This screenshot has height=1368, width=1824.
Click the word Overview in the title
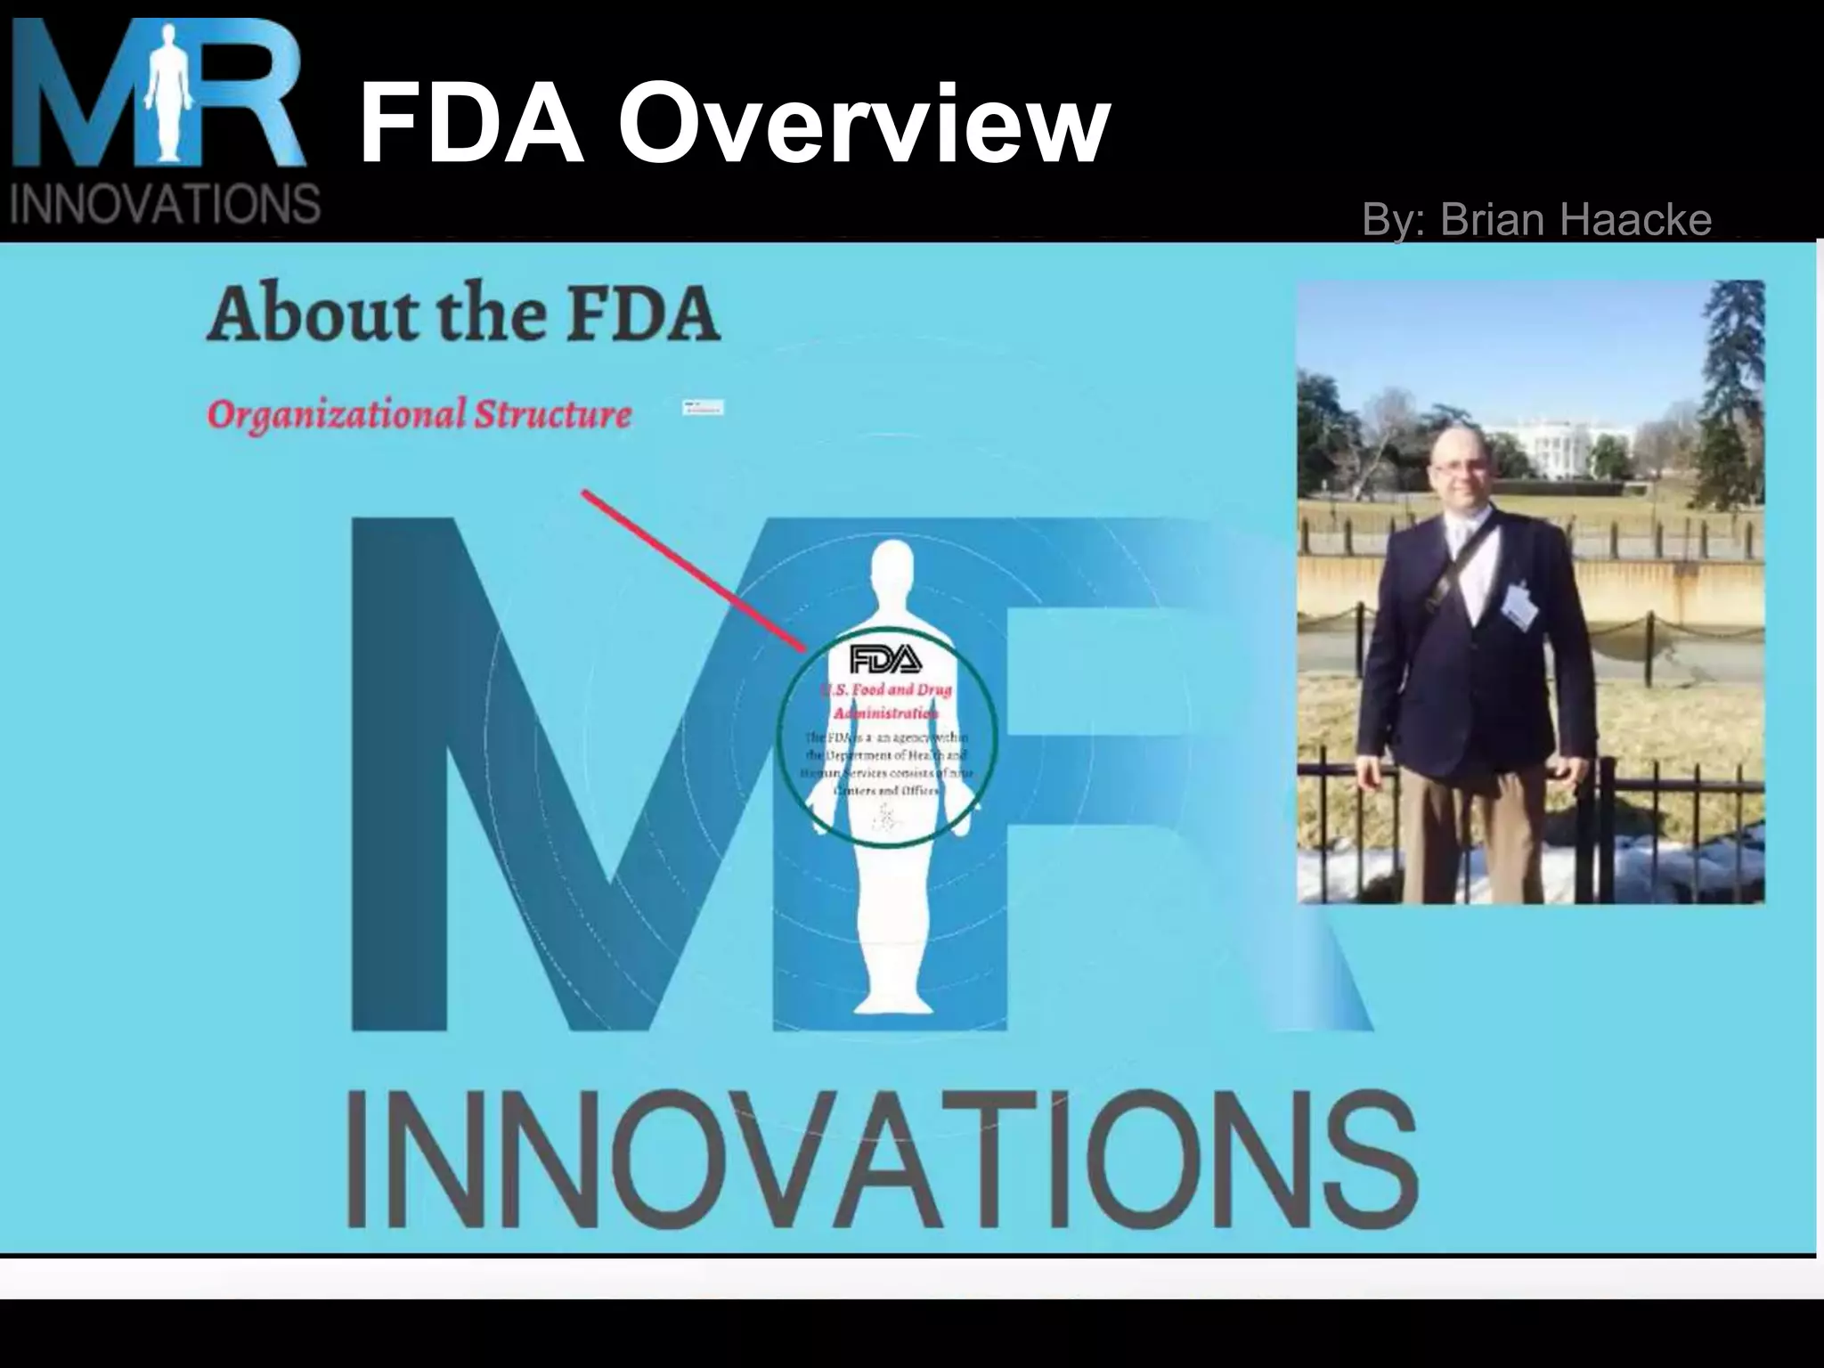[x=865, y=124]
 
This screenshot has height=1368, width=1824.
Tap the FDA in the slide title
[x=471, y=124]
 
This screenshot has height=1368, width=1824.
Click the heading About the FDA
[x=463, y=314]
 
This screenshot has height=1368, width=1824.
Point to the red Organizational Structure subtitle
[x=419, y=414]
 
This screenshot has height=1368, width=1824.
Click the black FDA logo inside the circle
[x=885, y=659]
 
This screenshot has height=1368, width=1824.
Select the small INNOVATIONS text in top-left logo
[x=165, y=204]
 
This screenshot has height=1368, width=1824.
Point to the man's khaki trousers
[x=1478, y=828]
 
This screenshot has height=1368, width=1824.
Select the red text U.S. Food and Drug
[x=886, y=689]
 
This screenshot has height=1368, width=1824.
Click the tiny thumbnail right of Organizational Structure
[x=704, y=408]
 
